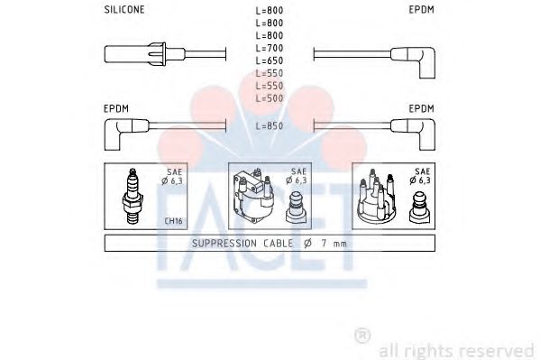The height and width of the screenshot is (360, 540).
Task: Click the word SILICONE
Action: [x=124, y=10]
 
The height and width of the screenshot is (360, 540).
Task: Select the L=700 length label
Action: [x=270, y=48]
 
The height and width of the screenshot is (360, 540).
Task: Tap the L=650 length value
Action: [x=270, y=60]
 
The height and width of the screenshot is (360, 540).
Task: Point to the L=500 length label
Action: [x=270, y=98]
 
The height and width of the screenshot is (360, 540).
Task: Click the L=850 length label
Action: [x=270, y=125]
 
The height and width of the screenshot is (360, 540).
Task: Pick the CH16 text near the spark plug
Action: [x=173, y=221]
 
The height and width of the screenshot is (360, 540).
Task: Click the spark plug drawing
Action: [x=133, y=196]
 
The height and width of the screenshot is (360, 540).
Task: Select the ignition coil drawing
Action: [x=253, y=195]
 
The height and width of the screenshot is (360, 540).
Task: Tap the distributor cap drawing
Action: [x=377, y=197]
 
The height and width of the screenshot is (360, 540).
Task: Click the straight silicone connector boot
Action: [x=145, y=54]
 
